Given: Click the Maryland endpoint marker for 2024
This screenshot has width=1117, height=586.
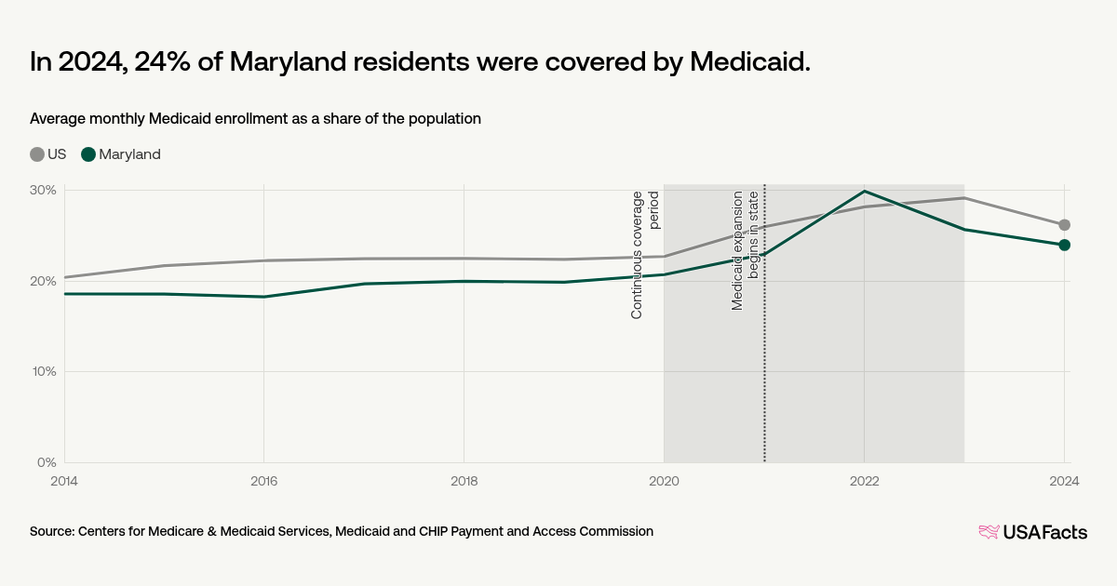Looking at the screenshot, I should click(x=1064, y=245).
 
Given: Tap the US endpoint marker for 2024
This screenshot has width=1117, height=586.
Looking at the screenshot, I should click(x=1064, y=225).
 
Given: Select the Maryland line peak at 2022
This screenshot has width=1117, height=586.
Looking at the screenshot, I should click(x=865, y=191).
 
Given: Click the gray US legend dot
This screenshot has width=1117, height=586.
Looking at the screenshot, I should click(x=37, y=154).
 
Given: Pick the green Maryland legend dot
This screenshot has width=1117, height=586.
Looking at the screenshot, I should click(x=88, y=154).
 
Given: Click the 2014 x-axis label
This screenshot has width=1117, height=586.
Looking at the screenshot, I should click(x=64, y=481).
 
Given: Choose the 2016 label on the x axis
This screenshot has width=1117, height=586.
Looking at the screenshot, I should click(x=264, y=481).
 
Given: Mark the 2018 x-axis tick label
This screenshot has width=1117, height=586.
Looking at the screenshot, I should click(x=464, y=481).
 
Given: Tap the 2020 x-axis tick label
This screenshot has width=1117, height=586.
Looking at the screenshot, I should click(x=664, y=481).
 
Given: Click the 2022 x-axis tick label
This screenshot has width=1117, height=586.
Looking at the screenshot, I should click(x=865, y=481).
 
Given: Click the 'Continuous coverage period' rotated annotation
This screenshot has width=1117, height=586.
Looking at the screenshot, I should click(x=645, y=255).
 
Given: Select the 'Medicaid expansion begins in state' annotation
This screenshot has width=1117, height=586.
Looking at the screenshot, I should click(x=746, y=250).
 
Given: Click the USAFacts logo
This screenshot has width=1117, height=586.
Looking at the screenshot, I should click(x=1032, y=532).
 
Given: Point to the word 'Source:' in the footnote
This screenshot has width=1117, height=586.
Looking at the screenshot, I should click(x=52, y=531).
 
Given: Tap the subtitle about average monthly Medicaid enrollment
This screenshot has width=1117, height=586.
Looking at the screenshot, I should click(x=255, y=119).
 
